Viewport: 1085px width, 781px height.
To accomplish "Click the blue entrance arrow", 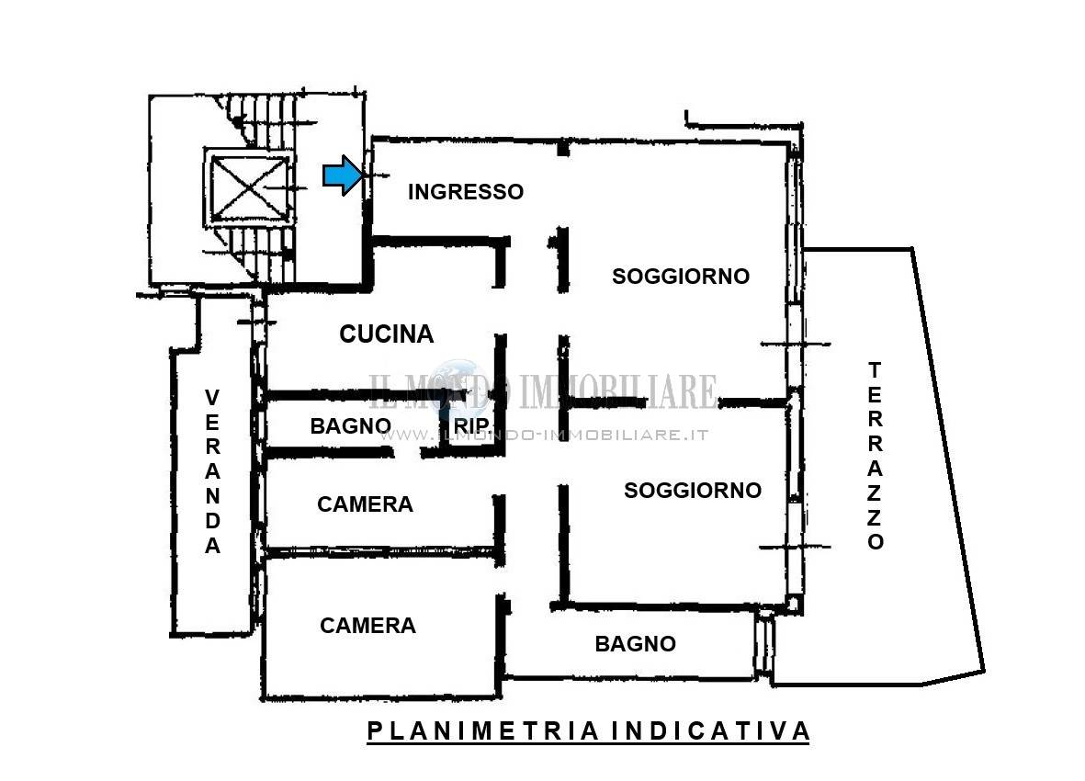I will coord(343,175).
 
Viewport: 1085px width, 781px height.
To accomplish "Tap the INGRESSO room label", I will coord(466,192).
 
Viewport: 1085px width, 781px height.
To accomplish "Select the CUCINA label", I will coord(386,334).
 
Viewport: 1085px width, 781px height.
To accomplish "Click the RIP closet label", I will coord(471,426).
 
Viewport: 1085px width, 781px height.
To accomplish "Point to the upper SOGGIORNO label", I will coord(681,276).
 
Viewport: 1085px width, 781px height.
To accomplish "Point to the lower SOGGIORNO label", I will coord(693,491).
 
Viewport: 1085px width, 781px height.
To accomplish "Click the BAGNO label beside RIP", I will coord(351,426).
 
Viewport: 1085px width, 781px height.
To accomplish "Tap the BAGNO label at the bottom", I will coord(635,644).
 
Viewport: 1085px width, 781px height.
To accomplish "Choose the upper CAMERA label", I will coord(365,504).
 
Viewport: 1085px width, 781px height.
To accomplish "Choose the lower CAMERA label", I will coord(367,626).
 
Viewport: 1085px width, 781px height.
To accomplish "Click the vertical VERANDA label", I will coord(212,471).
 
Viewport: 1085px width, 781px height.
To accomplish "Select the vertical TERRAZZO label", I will coord(875,456).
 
